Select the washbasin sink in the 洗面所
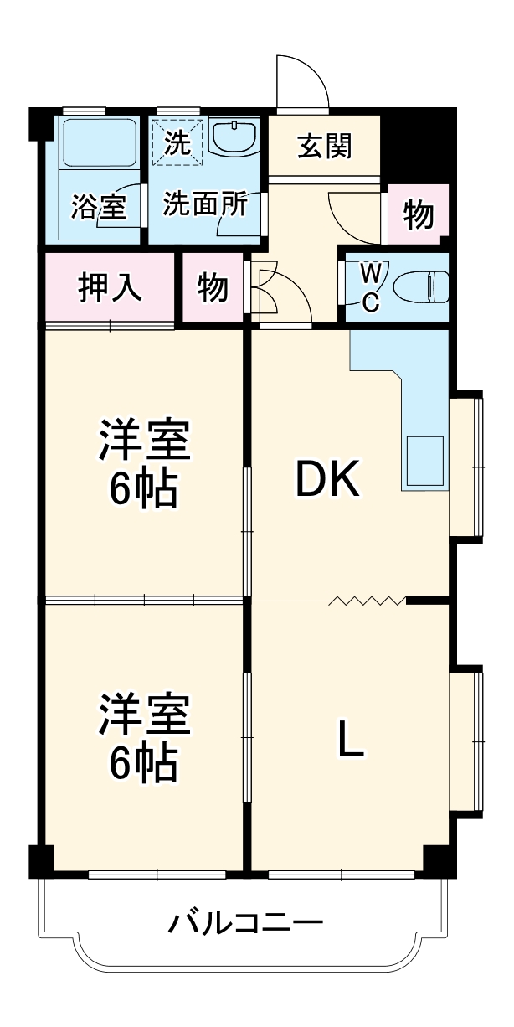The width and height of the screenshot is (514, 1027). pyautogui.click(x=234, y=137)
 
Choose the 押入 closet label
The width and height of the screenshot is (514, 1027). pyautogui.click(x=110, y=287)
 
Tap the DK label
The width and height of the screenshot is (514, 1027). pyautogui.click(x=328, y=479)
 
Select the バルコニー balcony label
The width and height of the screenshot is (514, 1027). pyautogui.click(x=245, y=925)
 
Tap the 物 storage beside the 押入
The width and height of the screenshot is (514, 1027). pyautogui.click(x=213, y=287)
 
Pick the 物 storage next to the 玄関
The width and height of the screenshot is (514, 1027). pyautogui.click(x=419, y=214)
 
